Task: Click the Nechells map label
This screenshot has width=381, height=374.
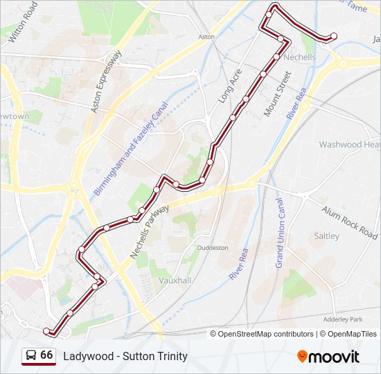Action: [299, 57]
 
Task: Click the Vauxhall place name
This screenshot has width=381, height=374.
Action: [175, 280]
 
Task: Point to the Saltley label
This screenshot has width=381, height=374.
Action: [327, 235]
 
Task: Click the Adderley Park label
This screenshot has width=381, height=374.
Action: [343, 319]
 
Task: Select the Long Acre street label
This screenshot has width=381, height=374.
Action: [229, 87]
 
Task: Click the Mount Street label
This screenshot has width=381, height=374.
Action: [276, 91]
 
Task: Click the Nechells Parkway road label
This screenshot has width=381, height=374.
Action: [150, 232]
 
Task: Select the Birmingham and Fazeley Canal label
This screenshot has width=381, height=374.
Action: [131, 150]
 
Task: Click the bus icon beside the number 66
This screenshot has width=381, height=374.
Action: [31, 356]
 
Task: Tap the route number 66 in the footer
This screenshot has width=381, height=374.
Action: [46, 355]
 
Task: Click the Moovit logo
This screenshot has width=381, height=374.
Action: [328, 357]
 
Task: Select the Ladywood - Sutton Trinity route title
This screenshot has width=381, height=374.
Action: [125, 356]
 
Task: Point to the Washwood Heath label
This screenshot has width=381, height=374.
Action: [350, 145]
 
